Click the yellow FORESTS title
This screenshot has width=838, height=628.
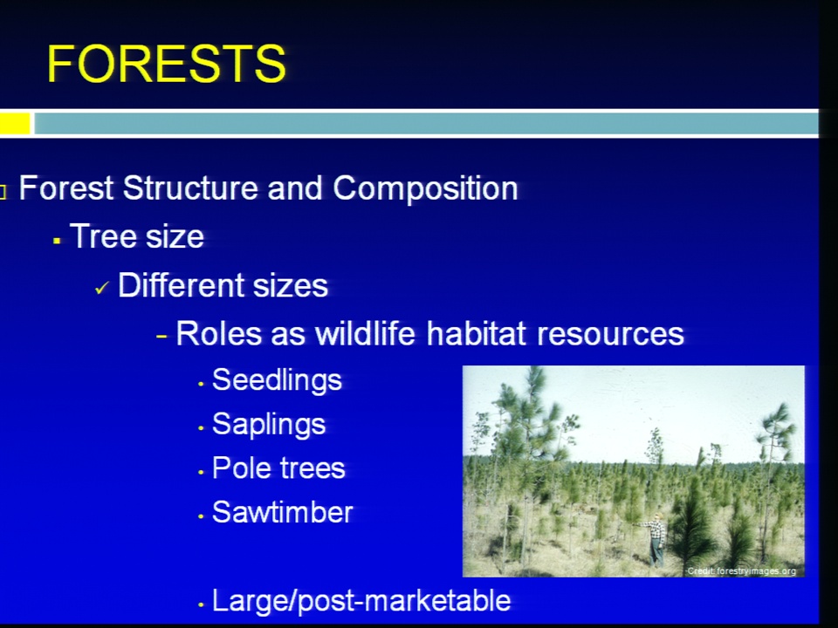pos(167,64)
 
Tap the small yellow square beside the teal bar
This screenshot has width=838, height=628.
pos(15,123)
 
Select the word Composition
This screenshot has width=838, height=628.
pos(425,189)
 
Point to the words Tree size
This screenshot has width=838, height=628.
pos(137,236)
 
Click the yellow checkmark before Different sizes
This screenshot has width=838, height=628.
pos(101,289)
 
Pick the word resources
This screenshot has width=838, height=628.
pos(610,334)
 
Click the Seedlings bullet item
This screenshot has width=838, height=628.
pos(277,381)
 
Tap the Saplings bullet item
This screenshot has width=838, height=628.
pos(269,425)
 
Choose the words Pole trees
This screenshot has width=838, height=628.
pos(278,468)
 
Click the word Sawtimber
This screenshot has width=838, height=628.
pos(283,513)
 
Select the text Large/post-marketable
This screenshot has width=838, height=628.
pos(361,601)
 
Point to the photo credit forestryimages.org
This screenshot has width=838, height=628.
pos(741,570)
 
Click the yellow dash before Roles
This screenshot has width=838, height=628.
pos(162,337)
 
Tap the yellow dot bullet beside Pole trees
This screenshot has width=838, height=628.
pos(201,473)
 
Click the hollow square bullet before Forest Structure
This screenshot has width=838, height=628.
pos(3,192)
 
